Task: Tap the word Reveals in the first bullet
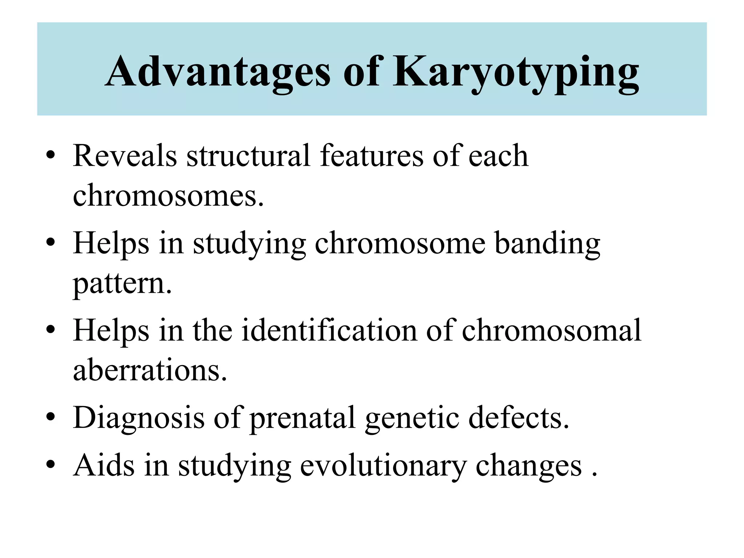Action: tap(125, 156)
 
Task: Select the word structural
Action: tap(248, 156)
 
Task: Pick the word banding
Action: tap(547, 244)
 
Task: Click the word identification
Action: tap(329, 331)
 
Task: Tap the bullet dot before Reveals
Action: tap(50, 157)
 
